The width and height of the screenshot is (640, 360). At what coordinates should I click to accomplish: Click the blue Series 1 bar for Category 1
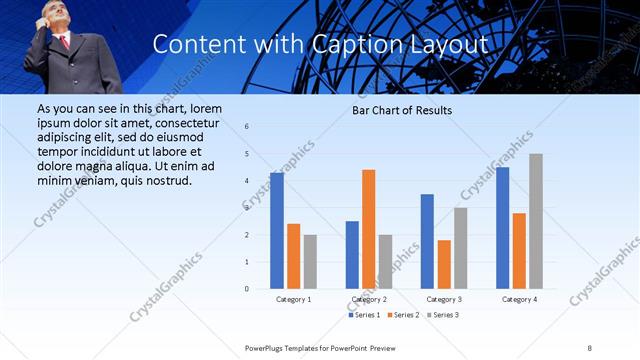coord(277,231)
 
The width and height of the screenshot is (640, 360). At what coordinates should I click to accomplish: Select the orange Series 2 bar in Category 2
coord(369,229)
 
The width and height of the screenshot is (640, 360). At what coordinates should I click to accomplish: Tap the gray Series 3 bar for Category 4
coord(536,221)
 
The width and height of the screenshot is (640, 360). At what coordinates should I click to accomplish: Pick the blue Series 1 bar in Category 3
coord(427,241)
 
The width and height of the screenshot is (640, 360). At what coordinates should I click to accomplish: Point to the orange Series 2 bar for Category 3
coord(444,264)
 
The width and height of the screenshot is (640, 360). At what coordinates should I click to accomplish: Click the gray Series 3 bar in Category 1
coord(310,262)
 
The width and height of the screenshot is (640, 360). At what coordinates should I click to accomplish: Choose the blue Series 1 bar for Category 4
coord(502,228)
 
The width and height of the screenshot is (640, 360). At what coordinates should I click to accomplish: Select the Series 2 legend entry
coord(402,316)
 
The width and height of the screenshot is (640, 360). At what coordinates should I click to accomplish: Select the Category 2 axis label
coord(368,300)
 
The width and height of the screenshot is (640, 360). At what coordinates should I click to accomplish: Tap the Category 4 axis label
coord(519,300)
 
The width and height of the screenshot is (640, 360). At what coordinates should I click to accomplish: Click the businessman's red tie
coord(64,42)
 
